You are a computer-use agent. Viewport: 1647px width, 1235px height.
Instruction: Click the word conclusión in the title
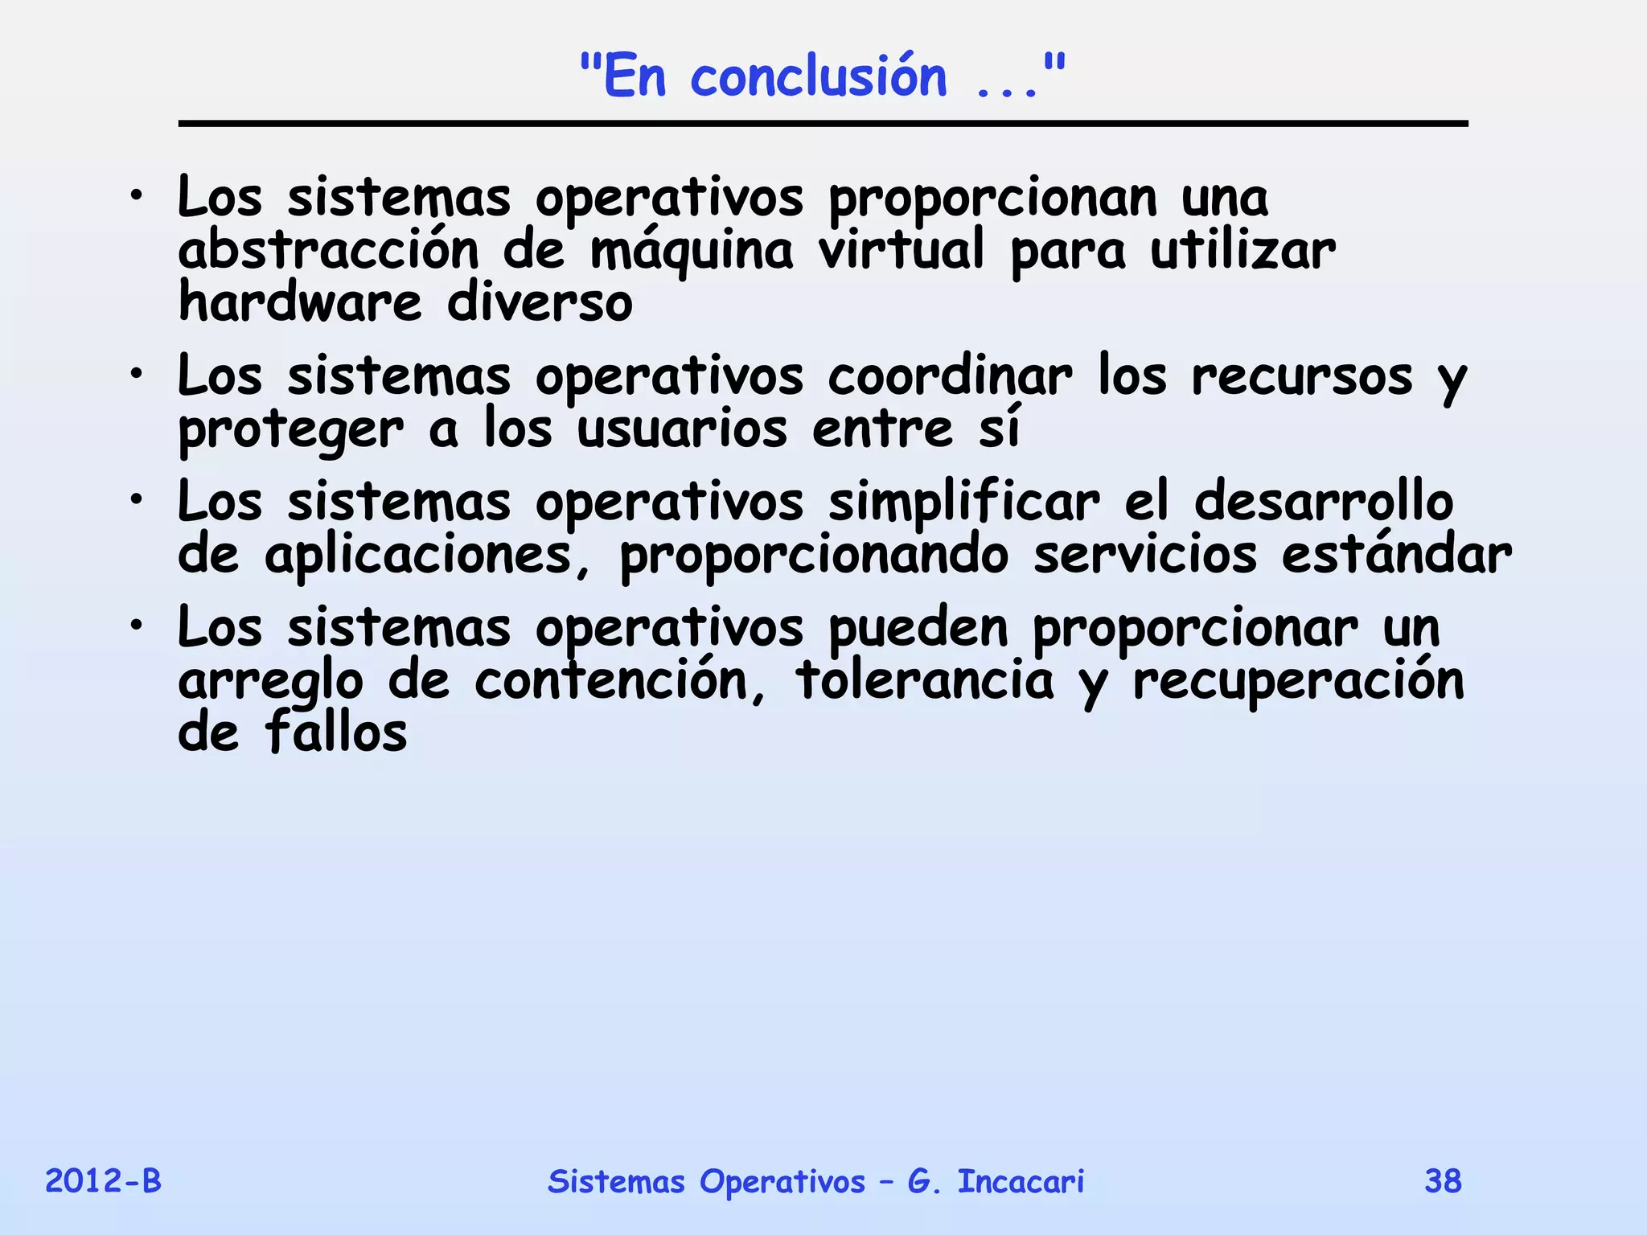pyautogui.click(x=819, y=78)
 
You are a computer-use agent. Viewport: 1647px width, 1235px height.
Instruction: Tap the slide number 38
pyautogui.click(x=1443, y=1181)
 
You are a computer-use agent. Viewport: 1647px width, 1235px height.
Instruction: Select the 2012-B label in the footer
pyautogui.click(x=103, y=1181)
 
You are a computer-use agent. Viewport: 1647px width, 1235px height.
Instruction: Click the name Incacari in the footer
pyautogui.click(x=1021, y=1181)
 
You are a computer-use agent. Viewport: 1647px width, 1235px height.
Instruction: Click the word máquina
pyautogui.click(x=692, y=251)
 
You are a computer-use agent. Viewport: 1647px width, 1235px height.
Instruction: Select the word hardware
pyautogui.click(x=300, y=302)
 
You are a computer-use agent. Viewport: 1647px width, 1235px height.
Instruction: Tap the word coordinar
pyautogui.click(x=950, y=375)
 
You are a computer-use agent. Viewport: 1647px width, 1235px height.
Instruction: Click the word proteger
pyautogui.click(x=290, y=431)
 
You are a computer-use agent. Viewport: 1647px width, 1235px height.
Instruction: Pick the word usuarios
pyautogui.click(x=682, y=429)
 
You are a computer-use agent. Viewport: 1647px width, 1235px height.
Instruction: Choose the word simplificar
pyautogui.click(x=963, y=503)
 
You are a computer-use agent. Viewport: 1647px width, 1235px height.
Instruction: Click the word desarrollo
pyautogui.click(x=1324, y=501)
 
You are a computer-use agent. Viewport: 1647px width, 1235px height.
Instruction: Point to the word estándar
pyautogui.click(x=1396, y=554)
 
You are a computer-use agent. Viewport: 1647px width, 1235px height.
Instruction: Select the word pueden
pyautogui.click(x=918, y=628)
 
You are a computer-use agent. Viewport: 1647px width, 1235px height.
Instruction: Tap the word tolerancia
pyautogui.click(x=924, y=680)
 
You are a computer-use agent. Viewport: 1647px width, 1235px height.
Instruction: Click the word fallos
pyautogui.click(x=336, y=732)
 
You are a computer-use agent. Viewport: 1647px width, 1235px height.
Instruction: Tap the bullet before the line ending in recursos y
pyautogui.click(x=138, y=375)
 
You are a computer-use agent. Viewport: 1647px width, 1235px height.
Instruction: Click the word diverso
pyautogui.click(x=540, y=302)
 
